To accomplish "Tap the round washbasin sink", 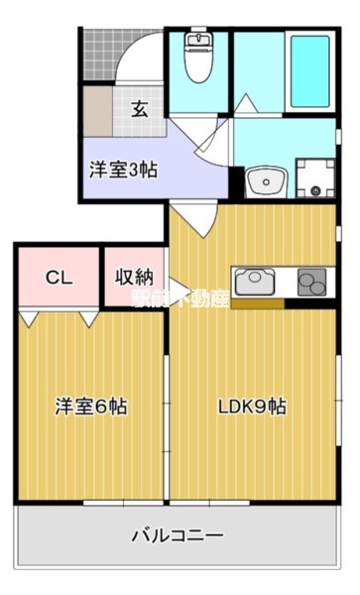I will tap(265, 182).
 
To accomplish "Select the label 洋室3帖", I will tap(118, 169).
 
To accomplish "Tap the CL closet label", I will tap(60, 278).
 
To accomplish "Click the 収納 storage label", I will tap(133, 278).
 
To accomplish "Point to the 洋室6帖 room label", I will tap(90, 406).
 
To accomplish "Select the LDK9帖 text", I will tap(253, 406).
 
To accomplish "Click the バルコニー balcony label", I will tap(179, 536).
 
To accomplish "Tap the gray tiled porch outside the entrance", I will tap(99, 55).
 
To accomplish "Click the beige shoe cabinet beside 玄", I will tap(98, 111).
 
